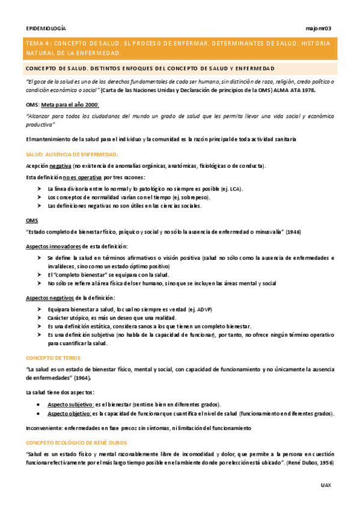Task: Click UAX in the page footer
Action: click(326, 484)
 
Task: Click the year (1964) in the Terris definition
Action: click(82, 379)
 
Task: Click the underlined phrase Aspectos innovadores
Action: click(51, 247)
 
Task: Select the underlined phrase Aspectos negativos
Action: click(49, 298)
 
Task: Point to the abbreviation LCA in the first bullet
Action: click(234, 189)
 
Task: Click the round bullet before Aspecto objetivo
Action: click(38, 414)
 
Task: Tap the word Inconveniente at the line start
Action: click(43, 428)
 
